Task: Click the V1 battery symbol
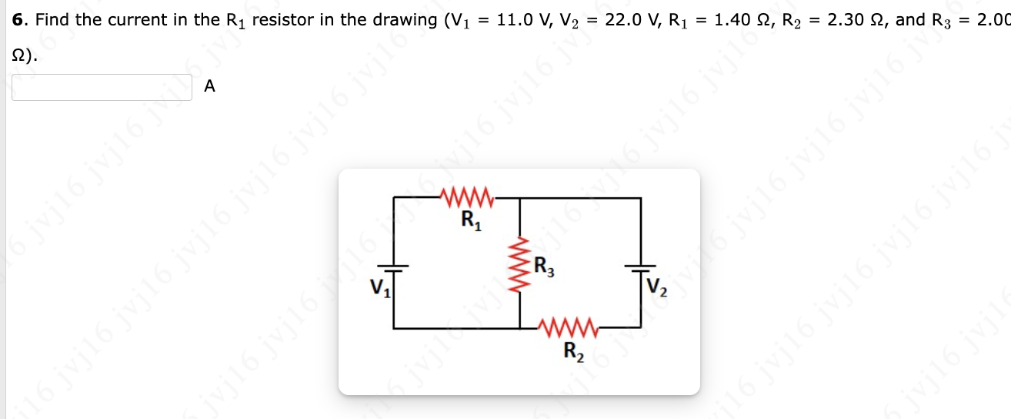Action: [394, 266]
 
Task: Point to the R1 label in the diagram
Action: [470, 221]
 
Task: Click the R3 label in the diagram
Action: [544, 270]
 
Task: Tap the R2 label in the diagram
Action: [574, 353]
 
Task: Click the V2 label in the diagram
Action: [658, 289]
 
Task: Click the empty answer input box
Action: [102, 87]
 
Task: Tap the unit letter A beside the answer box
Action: [210, 88]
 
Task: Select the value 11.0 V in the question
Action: [523, 19]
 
